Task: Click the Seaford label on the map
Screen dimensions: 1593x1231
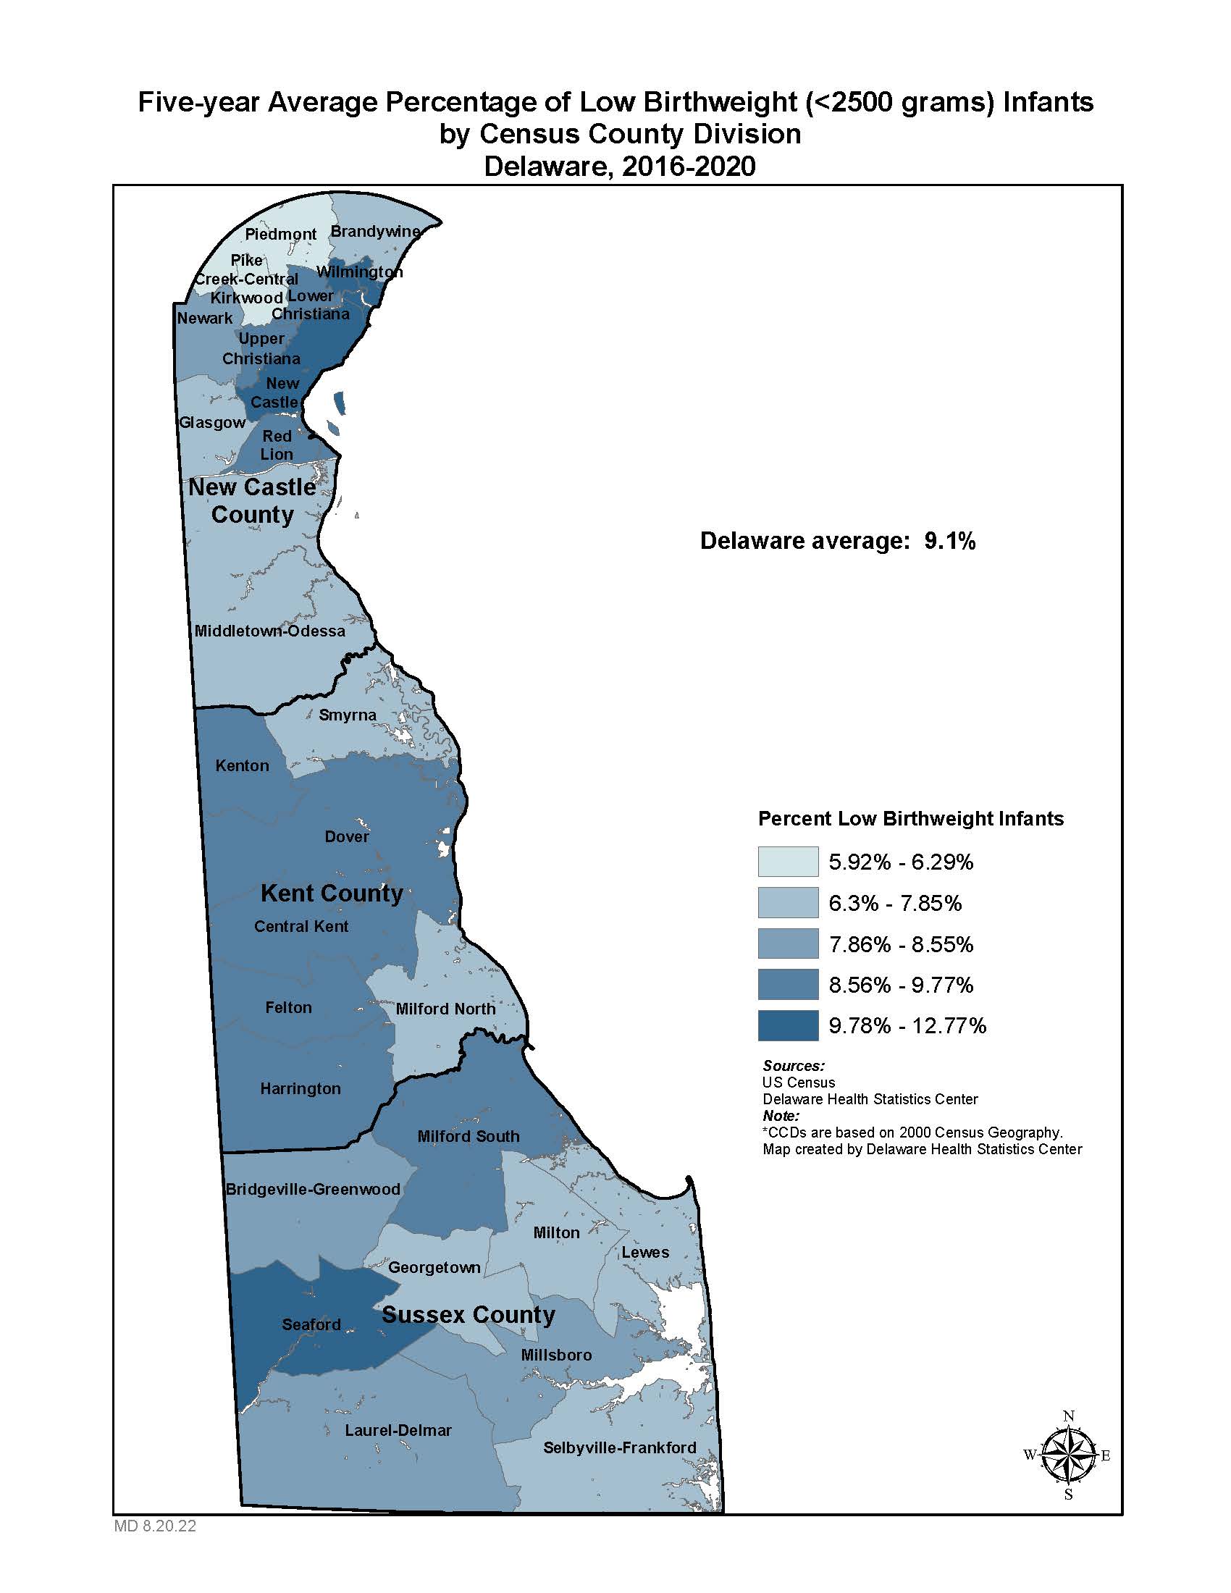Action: coord(311,1324)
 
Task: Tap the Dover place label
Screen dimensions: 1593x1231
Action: coord(346,836)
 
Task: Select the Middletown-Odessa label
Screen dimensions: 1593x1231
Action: coord(270,631)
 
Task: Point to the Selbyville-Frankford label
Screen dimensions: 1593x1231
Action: coord(619,1448)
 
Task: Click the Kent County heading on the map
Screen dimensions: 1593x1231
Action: coord(332,894)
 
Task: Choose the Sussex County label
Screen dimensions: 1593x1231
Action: coord(469,1314)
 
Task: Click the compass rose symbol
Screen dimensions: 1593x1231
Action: coord(1068,1455)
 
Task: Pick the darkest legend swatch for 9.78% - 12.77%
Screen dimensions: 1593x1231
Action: coord(788,1025)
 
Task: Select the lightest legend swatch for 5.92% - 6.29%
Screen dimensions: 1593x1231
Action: coord(788,862)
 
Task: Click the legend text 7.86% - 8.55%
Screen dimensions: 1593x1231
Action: coord(901,944)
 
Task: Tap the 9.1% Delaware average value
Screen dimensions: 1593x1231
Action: coord(949,541)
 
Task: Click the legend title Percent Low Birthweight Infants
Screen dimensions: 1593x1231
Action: coord(911,818)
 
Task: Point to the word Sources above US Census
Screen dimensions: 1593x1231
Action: coord(794,1066)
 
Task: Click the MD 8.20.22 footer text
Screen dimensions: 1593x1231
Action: coord(155,1526)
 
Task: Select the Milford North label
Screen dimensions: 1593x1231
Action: coord(445,1009)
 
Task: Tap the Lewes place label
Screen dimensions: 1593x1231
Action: coord(644,1253)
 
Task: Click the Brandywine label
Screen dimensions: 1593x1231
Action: coord(376,231)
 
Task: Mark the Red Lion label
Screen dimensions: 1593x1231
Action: coord(277,445)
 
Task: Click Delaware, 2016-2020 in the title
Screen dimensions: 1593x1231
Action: coord(619,167)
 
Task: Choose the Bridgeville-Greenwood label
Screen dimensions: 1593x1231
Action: coord(313,1190)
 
